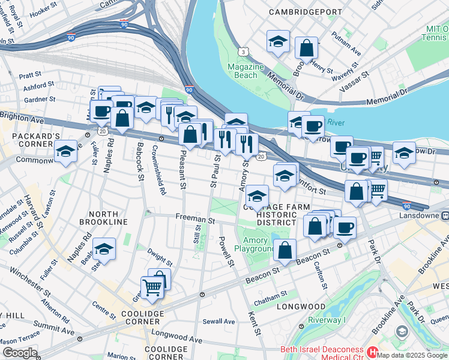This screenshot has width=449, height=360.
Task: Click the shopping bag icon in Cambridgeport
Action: pyautogui.click(x=307, y=49)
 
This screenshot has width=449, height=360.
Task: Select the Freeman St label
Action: pyautogui.click(x=195, y=220)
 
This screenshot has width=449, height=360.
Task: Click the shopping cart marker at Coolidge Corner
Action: pyautogui.click(x=152, y=288)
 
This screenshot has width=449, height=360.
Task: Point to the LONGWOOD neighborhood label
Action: pyautogui.click(x=301, y=307)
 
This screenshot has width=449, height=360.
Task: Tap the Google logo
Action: pyautogui.click(x=20, y=353)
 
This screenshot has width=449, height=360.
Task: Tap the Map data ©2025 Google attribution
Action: pyautogui.click(x=412, y=355)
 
